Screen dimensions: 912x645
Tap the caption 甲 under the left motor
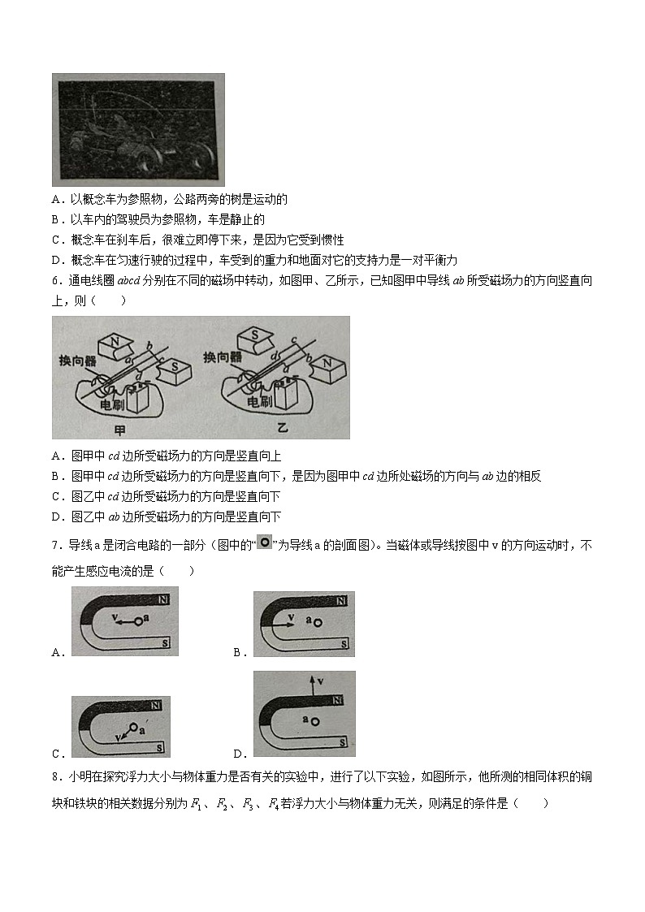click(x=123, y=427)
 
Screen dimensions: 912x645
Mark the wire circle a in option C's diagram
click(x=133, y=727)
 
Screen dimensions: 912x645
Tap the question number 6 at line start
click(x=54, y=281)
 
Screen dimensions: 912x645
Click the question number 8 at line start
click(x=54, y=777)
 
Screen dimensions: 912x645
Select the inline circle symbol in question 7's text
click(x=264, y=542)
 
